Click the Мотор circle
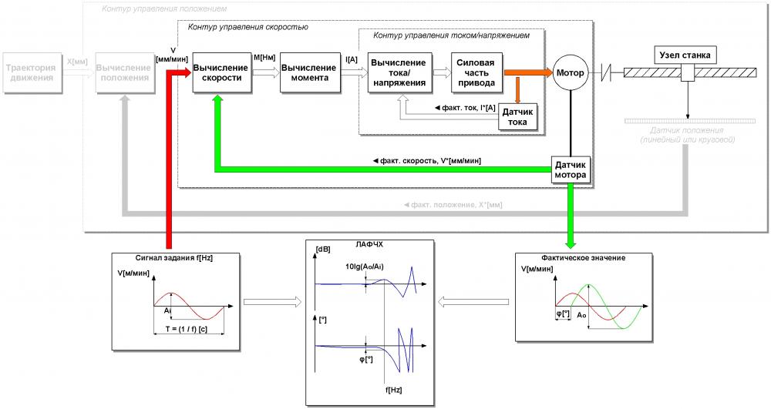coord(571,73)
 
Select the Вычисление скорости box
coord(221,73)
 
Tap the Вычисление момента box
coord(308,73)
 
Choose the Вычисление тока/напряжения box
coord(398,73)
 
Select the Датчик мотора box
coord(571,170)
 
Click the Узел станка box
coord(685,55)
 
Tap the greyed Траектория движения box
coord(32,73)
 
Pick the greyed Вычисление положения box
coord(123,73)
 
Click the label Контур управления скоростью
coord(248,27)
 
